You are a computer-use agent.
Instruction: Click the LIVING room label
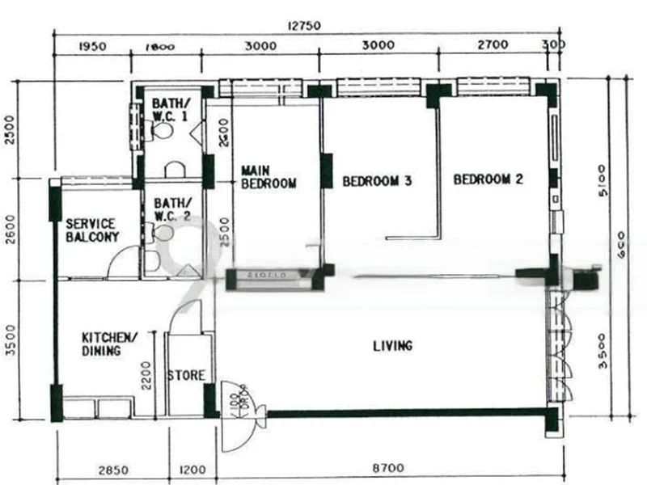pyautogui.click(x=392, y=346)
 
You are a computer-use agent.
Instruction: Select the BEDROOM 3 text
pyautogui.click(x=377, y=181)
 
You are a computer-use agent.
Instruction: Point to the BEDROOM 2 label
pyautogui.click(x=488, y=179)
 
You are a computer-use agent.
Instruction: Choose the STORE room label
pyautogui.click(x=186, y=376)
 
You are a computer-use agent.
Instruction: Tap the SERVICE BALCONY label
pyautogui.click(x=92, y=230)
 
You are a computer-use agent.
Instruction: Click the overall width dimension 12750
pyautogui.click(x=304, y=25)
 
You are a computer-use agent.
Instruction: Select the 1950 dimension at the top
pyautogui.click(x=94, y=47)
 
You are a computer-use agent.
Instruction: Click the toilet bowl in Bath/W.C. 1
pyautogui.click(x=164, y=129)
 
